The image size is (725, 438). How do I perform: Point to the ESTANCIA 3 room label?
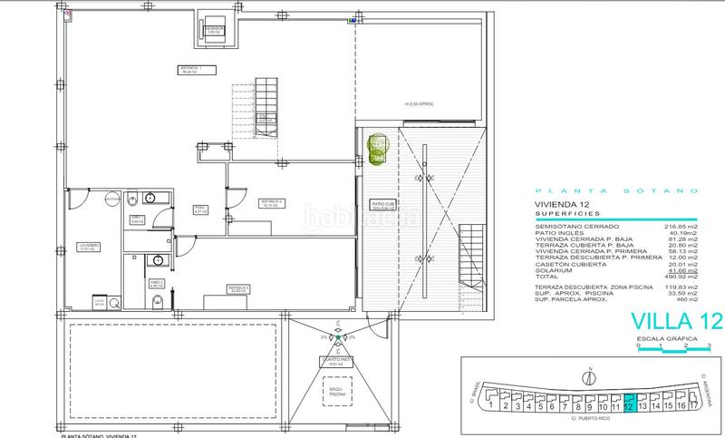click(x=238, y=289)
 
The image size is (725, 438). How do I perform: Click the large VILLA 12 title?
click(x=668, y=320)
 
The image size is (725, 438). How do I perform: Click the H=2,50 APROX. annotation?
click(x=420, y=104)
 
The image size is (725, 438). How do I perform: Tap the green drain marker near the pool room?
click(x=338, y=339)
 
